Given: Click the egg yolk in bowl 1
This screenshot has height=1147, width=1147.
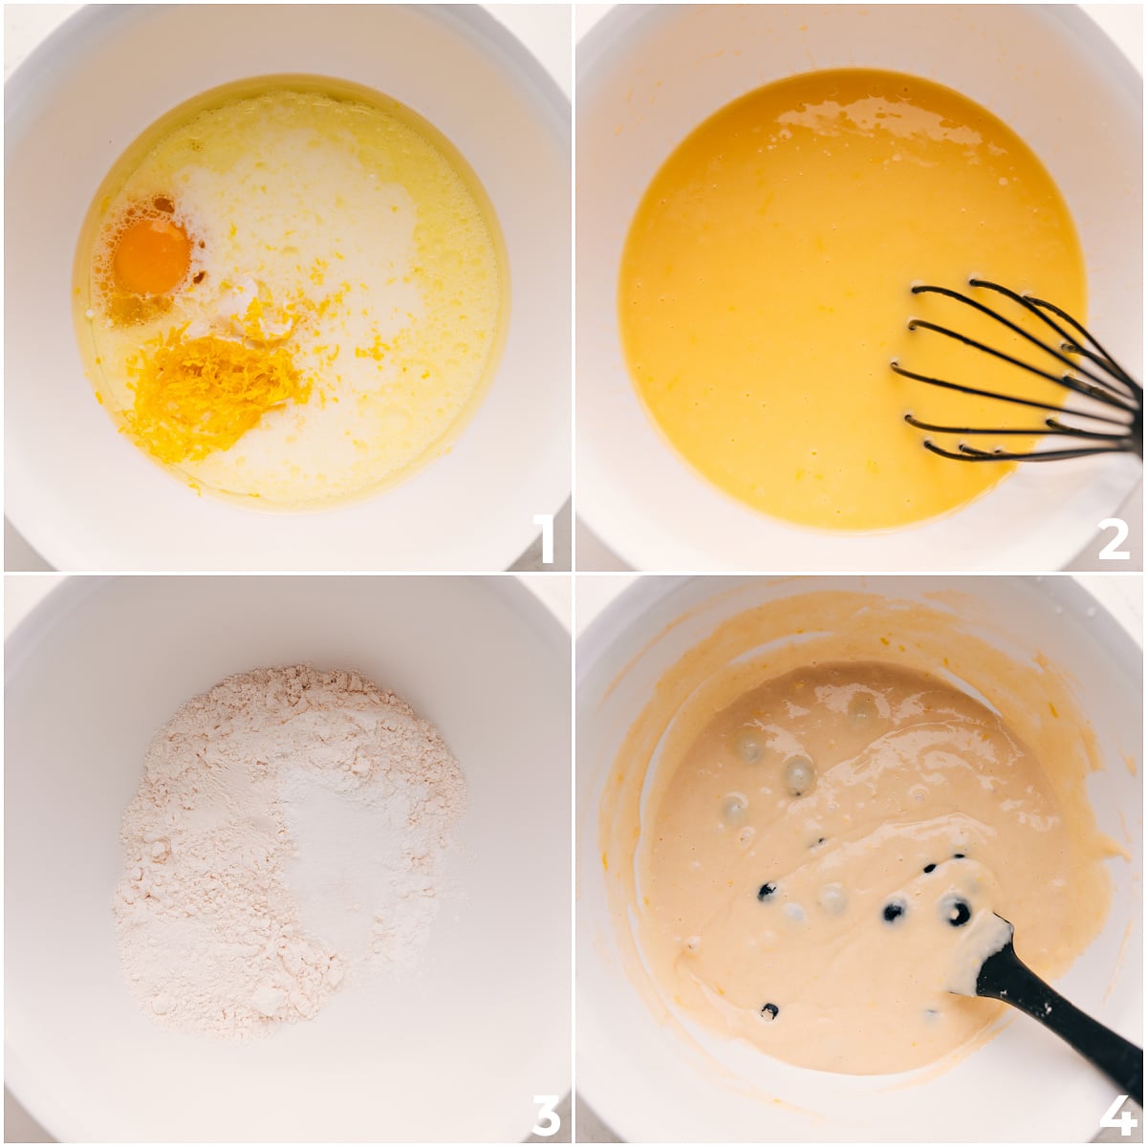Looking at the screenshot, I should [x=151, y=256].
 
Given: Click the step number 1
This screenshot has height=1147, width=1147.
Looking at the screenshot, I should [x=543, y=539].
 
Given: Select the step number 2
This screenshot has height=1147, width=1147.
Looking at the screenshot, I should [x=1114, y=539].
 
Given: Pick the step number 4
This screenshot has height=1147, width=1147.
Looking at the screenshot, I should [x=1115, y=1114].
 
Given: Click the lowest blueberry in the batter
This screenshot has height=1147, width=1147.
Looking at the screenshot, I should [x=769, y=1010].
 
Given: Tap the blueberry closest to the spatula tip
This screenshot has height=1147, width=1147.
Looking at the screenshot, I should [x=957, y=912].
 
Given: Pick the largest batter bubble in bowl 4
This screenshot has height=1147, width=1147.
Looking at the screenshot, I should [x=798, y=774].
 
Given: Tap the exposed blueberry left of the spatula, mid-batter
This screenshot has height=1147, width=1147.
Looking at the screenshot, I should [x=894, y=910].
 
